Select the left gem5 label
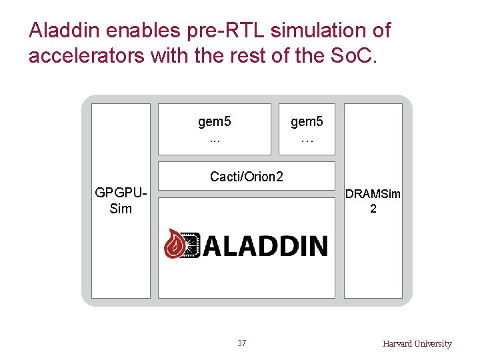tap(215, 122)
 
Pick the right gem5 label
tap(307, 122)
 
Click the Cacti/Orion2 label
tap(247, 177)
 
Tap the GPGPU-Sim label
tap(121, 201)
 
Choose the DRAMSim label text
tap(373, 194)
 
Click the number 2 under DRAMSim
tap(373, 209)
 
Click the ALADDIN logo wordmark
tap(265, 245)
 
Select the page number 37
tap(241, 343)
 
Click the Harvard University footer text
tap(417, 344)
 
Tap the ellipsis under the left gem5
tap(215, 141)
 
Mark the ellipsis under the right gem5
tap(307, 141)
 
